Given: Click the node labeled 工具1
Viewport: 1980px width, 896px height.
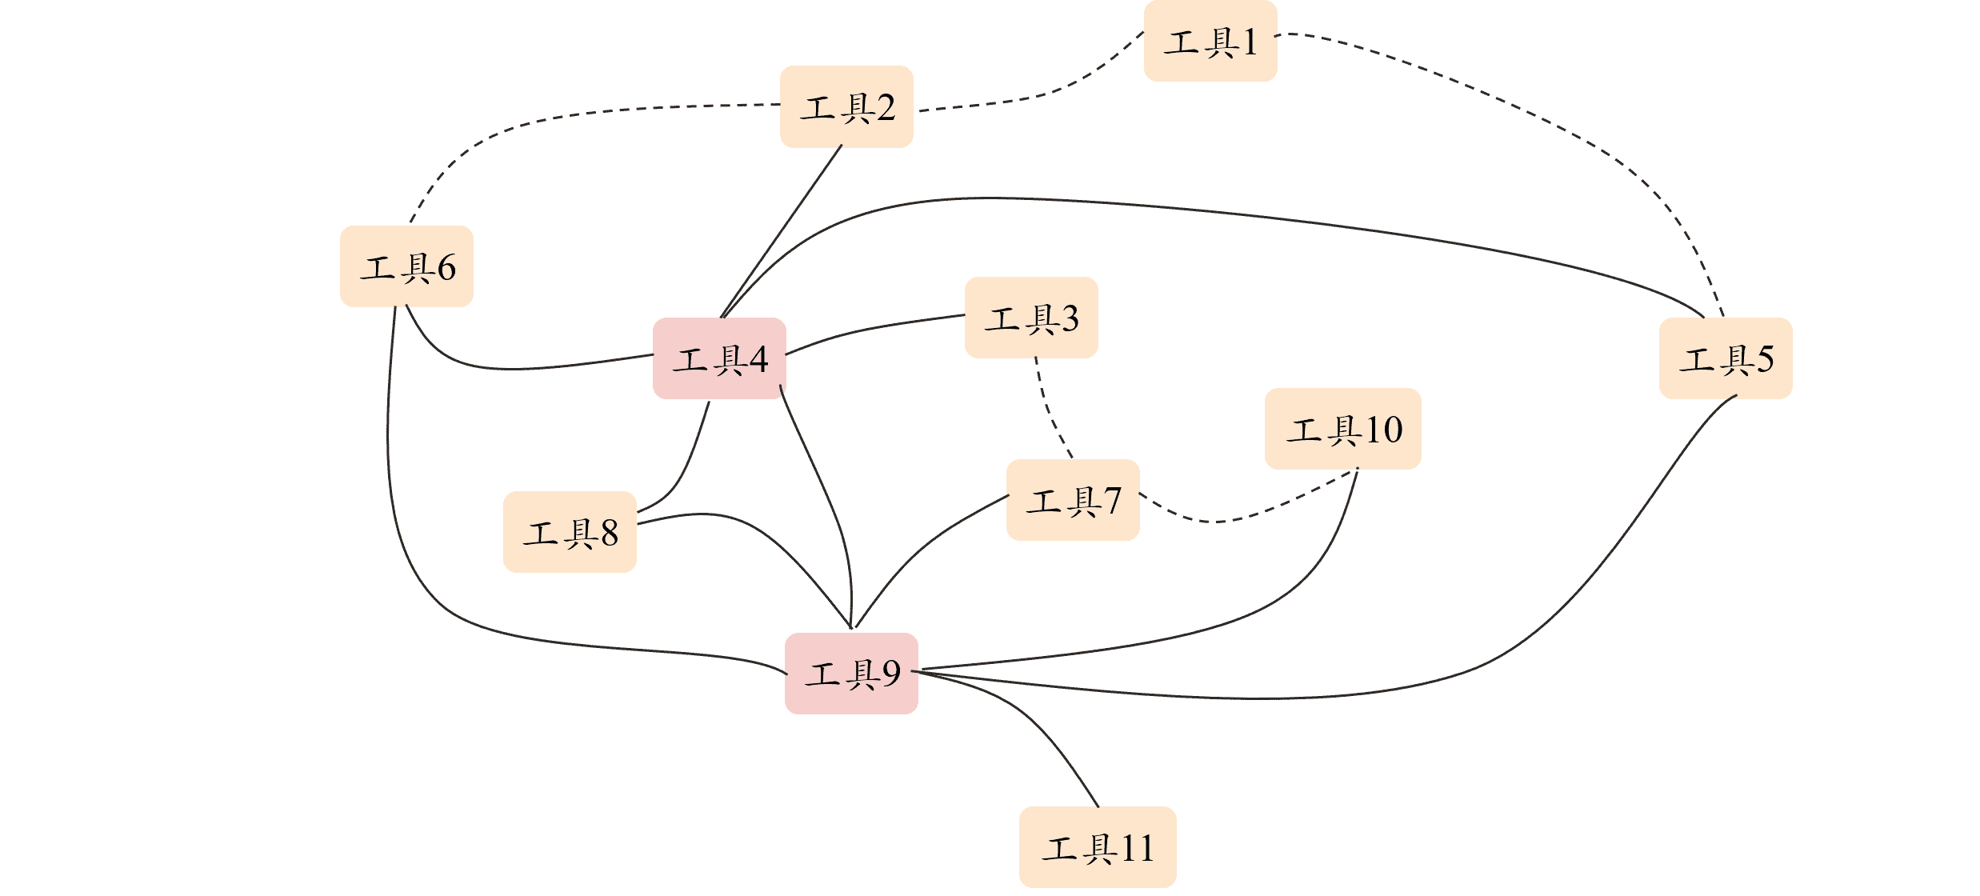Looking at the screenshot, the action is tap(1210, 42).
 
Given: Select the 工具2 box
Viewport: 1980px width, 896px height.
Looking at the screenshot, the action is tap(846, 107).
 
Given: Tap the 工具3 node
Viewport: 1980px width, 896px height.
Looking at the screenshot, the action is tap(1031, 318).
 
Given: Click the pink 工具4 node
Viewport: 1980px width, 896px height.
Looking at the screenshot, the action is tap(719, 358).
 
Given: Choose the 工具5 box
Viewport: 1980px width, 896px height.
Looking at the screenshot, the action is tap(1726, 358).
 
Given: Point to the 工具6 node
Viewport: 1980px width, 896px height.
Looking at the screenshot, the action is tap(406, 266).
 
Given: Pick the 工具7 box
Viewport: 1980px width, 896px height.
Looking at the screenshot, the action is tap(1073, 500).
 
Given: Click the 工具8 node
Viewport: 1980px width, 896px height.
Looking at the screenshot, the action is tap(570, 532).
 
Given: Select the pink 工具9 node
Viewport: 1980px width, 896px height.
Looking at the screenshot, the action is tap(851, 674).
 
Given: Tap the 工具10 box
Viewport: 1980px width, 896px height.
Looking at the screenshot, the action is tap(1342, 429).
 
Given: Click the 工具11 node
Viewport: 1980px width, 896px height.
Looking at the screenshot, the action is tap(1098, 847).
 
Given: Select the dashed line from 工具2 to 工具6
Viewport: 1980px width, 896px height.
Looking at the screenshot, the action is tap(560, 116).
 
